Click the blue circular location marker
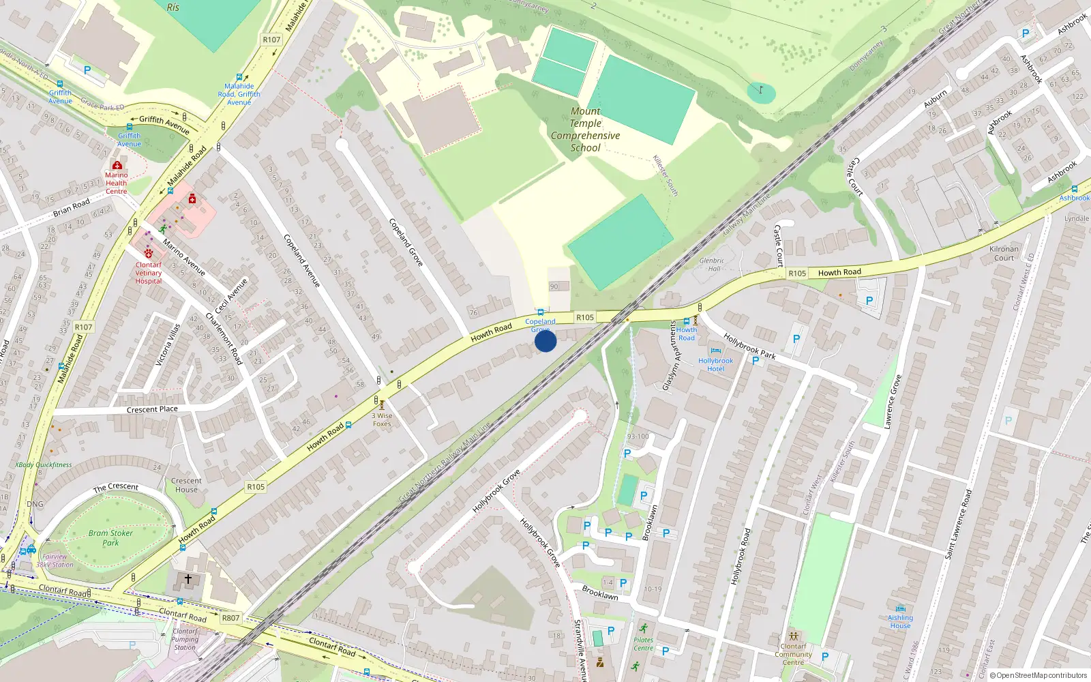545,341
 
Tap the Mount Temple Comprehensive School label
585,130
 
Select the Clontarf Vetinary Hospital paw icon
148,254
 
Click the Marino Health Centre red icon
117,165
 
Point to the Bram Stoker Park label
110,538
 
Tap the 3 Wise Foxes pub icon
382,405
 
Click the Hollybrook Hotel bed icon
715,351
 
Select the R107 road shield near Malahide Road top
271,40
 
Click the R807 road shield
230,618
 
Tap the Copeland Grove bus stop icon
541,312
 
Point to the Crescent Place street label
152,409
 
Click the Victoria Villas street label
168,345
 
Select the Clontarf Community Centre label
793,654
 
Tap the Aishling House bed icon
900,608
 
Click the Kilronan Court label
1004,253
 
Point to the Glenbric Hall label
711,264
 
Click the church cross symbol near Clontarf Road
188,579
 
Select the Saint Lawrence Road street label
958,524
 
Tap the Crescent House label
186,485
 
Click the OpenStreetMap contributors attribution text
1041,675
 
